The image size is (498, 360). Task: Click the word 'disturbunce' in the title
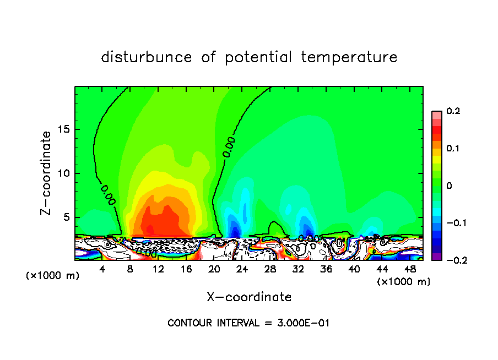click(147, 57)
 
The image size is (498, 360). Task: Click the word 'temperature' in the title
click(349, 57)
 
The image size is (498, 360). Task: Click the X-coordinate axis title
click(249, 297)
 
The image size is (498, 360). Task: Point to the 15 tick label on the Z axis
click(65, 130)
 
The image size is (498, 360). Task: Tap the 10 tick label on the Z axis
click(65, 173)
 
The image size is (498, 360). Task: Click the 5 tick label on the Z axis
click(67, 217)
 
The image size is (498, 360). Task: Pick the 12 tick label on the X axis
click(158, 269)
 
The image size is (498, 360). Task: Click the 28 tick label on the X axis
click(270, 269)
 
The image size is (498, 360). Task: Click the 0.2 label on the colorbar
click(453, 111)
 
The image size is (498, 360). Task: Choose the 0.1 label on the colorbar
click(453, 149)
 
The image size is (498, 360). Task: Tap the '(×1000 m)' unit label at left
click(53, 275)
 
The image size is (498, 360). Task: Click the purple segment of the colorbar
click(437, 257)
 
